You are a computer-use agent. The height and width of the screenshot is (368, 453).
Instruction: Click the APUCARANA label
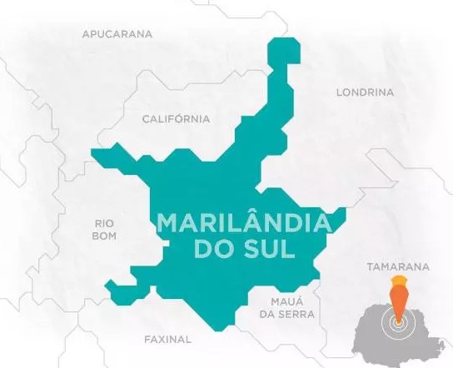(117, 34)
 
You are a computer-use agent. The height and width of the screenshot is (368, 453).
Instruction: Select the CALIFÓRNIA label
(176, 119)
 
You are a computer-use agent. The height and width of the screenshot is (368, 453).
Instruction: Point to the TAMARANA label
(398, 267)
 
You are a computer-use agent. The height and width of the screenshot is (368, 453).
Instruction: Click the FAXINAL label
(167, 340)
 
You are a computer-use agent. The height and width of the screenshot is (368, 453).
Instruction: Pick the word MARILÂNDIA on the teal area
(244, 224)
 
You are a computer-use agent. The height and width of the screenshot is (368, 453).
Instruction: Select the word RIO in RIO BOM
(105, 223)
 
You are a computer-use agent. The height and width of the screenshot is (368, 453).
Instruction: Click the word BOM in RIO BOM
(105, 236)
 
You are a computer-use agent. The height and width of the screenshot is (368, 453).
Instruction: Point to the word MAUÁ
(286, 300)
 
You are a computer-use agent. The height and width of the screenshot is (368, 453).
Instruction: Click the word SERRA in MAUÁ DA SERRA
(298, 314)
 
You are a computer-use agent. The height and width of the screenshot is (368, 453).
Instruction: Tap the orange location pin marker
(399, 301)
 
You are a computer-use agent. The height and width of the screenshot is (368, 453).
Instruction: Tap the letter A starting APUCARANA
(86, 34)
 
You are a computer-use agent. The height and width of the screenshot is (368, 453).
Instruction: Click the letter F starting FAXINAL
(147, 340)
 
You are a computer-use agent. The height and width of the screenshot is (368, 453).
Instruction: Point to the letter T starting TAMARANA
(370, 267)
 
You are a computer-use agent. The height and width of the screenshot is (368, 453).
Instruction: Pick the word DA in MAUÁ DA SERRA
(267, 314)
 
